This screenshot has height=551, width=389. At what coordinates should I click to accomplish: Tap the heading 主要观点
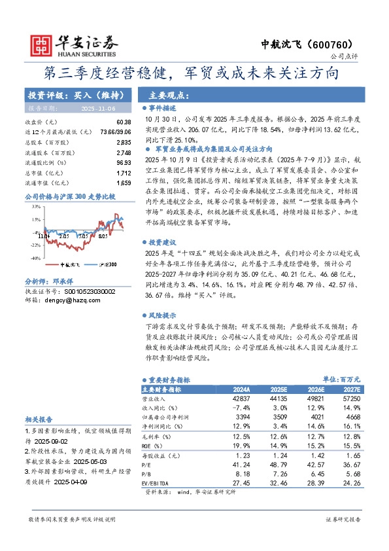pos(169,94)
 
